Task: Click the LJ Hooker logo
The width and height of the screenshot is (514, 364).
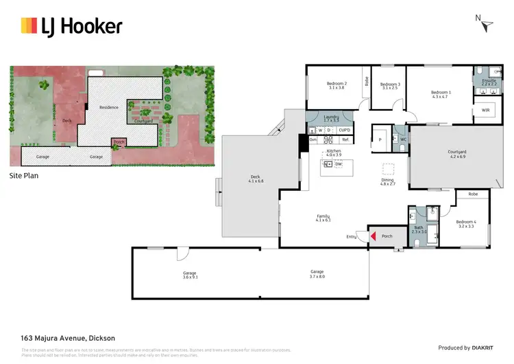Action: click(x=71, y=27)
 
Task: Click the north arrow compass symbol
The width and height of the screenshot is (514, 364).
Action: click(x=487, y=25)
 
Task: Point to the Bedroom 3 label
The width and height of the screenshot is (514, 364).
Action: click(x=391, y=85)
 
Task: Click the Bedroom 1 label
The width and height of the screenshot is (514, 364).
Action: click(x=440, y=94)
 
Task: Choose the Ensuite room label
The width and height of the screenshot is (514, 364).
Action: click(x=488, y=82)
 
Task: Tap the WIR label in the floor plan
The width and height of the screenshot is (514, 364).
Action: click(x=485, y=110)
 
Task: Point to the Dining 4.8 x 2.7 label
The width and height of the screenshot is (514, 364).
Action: click(x=389, y=181)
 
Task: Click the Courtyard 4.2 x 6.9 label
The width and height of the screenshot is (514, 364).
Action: click(x=457, y=154)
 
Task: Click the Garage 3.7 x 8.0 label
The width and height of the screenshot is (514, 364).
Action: click(x=316, y=274)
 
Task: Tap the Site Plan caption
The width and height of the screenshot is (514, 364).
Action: click(x=25, y=176)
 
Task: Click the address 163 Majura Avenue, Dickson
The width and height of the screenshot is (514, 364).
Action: click(x=68, y=338)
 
